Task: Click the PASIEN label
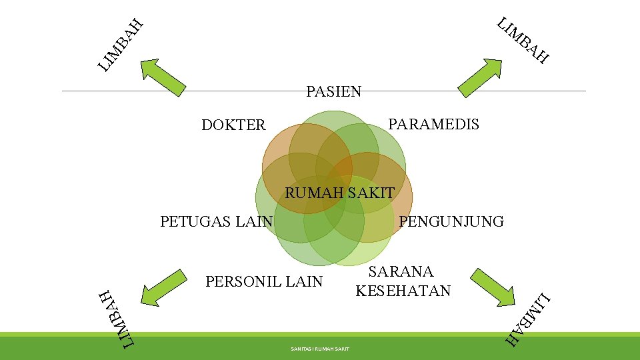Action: (333, 91)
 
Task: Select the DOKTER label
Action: (233, 125)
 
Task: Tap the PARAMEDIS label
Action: (433, 124)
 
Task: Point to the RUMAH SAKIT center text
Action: (339, 193)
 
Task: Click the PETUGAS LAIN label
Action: (217, 221)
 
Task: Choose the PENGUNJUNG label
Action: (451, 221)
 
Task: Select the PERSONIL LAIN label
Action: (264, 281)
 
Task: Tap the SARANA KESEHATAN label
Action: (403, 281)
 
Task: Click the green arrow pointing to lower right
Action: (493, 287)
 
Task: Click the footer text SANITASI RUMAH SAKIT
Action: (320, 349)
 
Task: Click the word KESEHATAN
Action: (403, 291)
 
